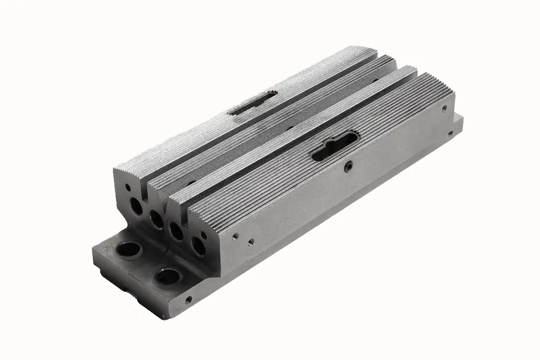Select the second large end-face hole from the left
(x=157, y=219)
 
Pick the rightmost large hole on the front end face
(x=198, y=246)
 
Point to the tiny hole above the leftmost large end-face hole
(x=127, y=187)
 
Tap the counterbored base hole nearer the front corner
(x=168, y=276)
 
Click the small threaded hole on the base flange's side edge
(x=188, y=300)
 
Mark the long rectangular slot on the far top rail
(x=253, y=102)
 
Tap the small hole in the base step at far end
(x=451, y=133)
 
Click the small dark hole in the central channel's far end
(x=375, y=81)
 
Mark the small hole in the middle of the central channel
(x=289, y=127)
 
